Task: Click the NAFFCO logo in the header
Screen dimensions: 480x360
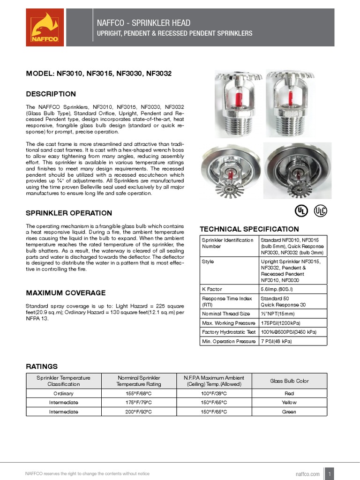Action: [x=45, y=29]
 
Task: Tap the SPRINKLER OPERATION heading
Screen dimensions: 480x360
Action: [x=69, y=213]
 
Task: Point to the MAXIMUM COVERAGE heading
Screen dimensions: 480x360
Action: [x=66, y=293]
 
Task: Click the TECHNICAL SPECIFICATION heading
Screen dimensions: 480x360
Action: [x=249, y=229]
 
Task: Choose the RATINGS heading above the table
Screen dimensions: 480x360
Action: [x=42, y=366]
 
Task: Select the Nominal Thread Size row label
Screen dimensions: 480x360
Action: [x=226, y=314]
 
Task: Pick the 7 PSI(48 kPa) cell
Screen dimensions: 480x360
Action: [x=276, y=341]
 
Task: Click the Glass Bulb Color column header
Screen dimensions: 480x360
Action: [x=289, y=381]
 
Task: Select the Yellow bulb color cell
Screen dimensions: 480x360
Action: [x=289, y=403]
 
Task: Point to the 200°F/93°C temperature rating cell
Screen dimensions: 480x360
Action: [x=139, y=412]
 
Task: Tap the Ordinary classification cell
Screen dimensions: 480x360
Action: [x=63, y=393]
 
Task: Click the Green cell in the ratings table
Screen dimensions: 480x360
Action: [x=289, y=412]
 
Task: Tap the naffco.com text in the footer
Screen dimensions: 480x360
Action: [x=308, y=474]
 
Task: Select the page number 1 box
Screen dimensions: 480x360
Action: [x=330, y=473]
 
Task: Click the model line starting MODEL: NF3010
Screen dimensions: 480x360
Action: [x=99, y=74]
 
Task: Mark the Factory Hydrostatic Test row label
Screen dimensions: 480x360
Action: [x=229, y=332]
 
